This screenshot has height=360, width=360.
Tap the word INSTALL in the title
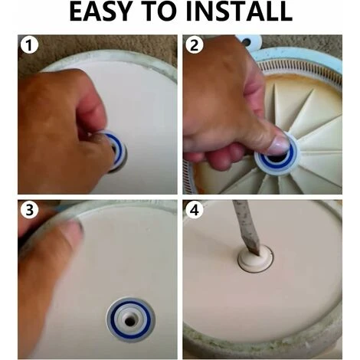(x=239, y=11)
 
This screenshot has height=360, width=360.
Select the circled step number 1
(x=29, y=46)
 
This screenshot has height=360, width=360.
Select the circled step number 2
(x=195, y=46)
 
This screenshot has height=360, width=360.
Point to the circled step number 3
(x=29, y=211)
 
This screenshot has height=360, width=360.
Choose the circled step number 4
(x=195, y=211)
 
